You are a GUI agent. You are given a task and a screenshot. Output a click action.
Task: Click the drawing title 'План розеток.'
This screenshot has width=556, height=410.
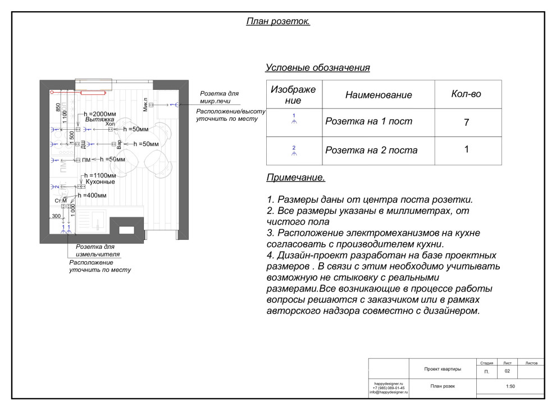[x=278, y=21]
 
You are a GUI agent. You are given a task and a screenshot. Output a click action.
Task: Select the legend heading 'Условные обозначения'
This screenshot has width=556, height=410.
[x=317, y=68]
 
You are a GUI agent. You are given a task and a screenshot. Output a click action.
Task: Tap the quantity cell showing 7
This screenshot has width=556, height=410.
[x=466, y=122]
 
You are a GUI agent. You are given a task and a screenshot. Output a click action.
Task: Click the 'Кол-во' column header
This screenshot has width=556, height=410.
[x=466, y=94]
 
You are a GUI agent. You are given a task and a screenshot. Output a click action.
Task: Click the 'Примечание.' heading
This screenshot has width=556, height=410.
[x=295, y=178]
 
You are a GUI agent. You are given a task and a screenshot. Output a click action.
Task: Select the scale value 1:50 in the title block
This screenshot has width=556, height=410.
[x=510, y=386]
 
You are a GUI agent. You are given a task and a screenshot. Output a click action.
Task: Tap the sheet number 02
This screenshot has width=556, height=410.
[x=507, y=372]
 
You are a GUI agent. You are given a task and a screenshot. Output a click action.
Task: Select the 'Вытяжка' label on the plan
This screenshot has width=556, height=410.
[x=99, y=120]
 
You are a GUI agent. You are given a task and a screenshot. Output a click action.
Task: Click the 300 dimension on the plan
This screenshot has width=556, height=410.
[x=56, y=216]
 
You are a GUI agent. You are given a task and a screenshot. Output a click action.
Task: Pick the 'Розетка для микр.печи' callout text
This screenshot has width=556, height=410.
[x=219, y=97]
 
